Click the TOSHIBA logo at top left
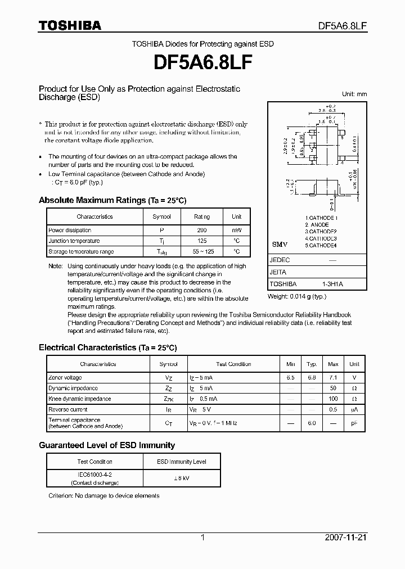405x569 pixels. coord(70,25)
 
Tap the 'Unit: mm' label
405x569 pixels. coord(354,94)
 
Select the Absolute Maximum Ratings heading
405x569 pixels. coord(112,201)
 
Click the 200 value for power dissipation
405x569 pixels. coord(201,230)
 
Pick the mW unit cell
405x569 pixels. coord(236,230)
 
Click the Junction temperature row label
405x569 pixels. coord(74,241)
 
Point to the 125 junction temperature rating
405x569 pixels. coord(201,241)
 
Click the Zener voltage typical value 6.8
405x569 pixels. coord(312,378)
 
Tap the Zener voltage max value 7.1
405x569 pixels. coord(333,378)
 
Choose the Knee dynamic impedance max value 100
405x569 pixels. coord(333,399)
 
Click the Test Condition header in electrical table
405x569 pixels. coord(233,364)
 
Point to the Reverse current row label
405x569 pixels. coord(67,410)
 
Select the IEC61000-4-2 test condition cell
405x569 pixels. coord(87,475)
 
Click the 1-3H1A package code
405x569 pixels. coord(332,284)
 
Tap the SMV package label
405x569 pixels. coord(280,245)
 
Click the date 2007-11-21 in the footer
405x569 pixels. coord(345,538)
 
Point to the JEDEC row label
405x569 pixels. coord(280,261)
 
